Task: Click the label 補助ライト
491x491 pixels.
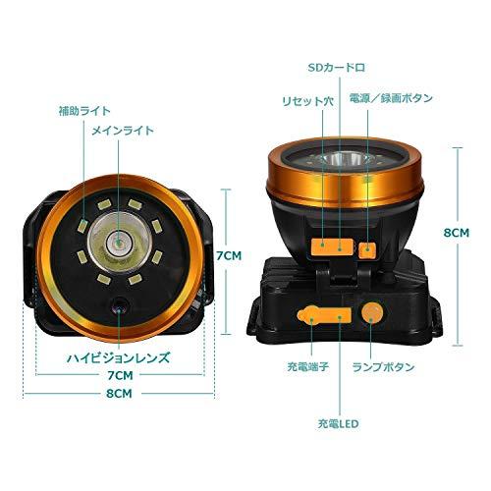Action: point(84,111)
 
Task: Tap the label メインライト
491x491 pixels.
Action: point(122,131)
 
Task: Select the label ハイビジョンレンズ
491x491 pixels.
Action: point(119,357)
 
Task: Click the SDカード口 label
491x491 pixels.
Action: point(337,68)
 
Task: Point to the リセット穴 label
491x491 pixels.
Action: point(307,101)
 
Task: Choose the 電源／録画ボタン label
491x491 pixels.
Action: point(391,98)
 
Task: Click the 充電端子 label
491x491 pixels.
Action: point(307,366)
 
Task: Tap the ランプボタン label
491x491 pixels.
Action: point(383,367)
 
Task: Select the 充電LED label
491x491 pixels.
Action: point(338,424)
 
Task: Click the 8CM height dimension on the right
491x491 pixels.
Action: point(457,233)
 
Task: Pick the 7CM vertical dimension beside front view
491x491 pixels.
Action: point(229,255)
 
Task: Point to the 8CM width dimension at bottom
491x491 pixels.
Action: point(119,394)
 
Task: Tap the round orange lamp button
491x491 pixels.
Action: point(372,312)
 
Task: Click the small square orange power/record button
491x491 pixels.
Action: point(367,250)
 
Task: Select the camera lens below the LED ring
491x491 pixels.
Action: point(119,305)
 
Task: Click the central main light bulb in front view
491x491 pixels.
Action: point(120,243)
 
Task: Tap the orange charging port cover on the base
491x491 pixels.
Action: point(324,315)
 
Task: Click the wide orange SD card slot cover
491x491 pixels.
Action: point(332,246)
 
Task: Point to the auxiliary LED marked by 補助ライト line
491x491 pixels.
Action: point(82,226)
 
